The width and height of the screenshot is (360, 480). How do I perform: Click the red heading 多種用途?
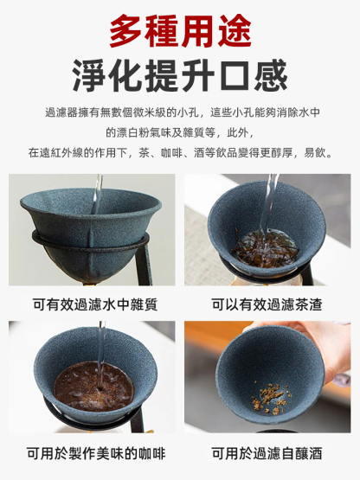point(180,32)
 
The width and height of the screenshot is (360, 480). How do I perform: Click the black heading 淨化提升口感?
point(180,77)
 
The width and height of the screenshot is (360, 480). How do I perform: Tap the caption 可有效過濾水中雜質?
point(95,304)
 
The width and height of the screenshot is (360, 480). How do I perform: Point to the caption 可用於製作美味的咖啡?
point(95,453)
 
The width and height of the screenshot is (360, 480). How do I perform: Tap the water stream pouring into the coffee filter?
point(101,355)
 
